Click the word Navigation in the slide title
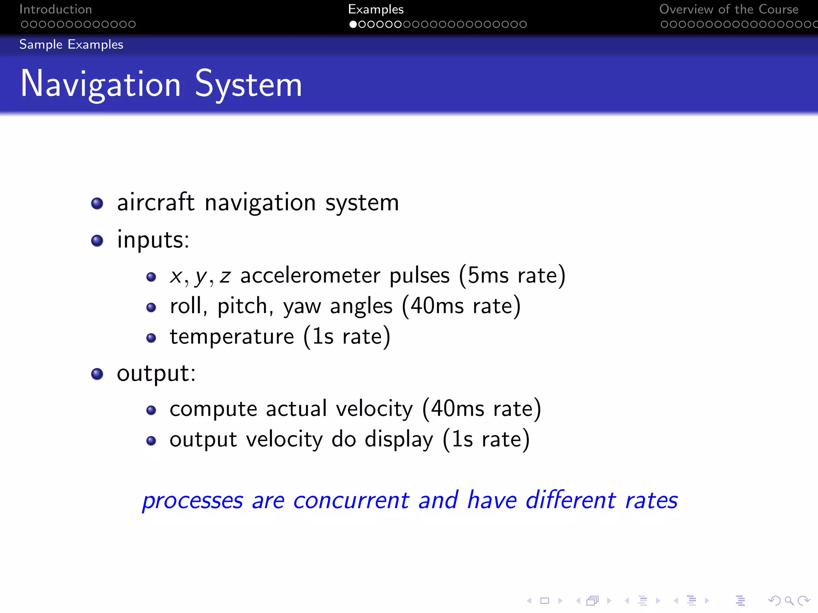click(101, 84)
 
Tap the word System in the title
click(248, 84)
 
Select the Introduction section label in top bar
click(56, 9)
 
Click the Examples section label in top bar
click(375, 9)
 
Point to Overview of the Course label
click(729, 9)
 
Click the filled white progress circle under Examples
click(353, 24)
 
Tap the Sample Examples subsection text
click(71, 44)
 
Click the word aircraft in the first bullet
click(156, 202)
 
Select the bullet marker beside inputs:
click(97, 241)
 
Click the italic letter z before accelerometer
click(225, 276)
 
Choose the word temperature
click(232, 336)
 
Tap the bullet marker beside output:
click(97, 374)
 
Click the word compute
click(213, 409)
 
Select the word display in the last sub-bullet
click(399, 440)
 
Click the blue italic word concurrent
click(351, 500)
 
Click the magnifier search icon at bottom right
click(789, 600)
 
